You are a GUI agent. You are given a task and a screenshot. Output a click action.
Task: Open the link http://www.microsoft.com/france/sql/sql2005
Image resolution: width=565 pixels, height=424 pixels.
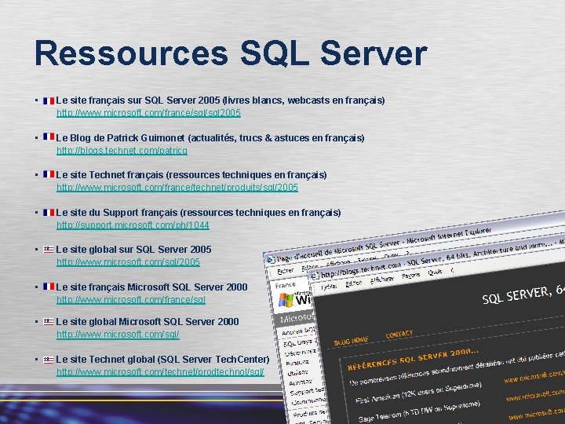coord(148,114)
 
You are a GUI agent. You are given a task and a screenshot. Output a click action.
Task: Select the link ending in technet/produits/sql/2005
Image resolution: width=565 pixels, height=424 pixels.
coord(177,188)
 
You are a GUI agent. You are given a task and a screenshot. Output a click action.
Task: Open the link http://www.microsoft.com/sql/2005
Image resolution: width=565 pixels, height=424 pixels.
coord(128,262)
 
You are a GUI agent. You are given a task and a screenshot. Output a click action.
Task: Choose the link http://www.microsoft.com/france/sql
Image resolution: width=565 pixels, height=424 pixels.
coord(130,300)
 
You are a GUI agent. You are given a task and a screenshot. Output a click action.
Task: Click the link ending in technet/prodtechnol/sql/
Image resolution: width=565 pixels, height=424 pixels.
coord(160,372)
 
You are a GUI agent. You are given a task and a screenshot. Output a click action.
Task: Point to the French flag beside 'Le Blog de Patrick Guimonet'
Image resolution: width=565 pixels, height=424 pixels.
coord(49,137)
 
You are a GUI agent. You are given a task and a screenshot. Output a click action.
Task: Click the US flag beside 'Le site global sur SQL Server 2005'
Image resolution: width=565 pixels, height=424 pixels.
coord(49,249)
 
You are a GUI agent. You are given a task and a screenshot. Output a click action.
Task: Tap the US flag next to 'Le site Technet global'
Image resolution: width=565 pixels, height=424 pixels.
coord(49,359)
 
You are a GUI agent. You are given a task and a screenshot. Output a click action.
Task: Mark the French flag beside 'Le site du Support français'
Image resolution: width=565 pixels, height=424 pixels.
coord(49,212)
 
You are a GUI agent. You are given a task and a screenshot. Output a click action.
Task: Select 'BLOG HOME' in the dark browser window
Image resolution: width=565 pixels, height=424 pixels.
coord(351,340)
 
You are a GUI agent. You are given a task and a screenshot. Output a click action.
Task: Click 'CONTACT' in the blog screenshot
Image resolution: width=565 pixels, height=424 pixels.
coord(399,334)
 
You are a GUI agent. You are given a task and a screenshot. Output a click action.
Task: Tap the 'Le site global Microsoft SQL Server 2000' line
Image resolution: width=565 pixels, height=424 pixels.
coord(148,321)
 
